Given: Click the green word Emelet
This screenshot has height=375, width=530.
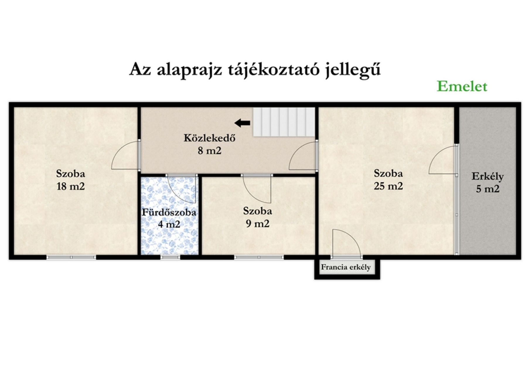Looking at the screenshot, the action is (x=462, y=86).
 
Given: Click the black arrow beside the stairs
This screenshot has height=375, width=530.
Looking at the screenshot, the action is (x=242, y=123).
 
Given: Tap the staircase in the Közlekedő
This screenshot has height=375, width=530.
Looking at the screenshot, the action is (x=284, y=122).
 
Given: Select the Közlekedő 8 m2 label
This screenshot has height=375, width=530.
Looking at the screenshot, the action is (x=209, y=144).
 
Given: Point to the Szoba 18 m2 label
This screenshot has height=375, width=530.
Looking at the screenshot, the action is (x=71, y=180).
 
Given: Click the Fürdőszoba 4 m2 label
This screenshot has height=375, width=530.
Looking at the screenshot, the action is (x=169, y=218).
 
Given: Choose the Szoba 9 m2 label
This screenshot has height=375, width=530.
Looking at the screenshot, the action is (x=258, y=217).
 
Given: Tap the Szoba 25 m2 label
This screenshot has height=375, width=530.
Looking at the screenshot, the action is (x=388, y=180).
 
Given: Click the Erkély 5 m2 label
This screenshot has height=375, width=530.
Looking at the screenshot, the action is (x=488, y=183).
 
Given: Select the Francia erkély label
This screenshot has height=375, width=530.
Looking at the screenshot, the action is (x=346, y=267).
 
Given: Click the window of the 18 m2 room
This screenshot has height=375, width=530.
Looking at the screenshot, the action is (x=71, y=257).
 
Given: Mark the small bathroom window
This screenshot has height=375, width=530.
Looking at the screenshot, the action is (x=170, y=257).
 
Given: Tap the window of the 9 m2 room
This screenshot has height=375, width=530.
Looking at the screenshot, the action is (x=259, y=257).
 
